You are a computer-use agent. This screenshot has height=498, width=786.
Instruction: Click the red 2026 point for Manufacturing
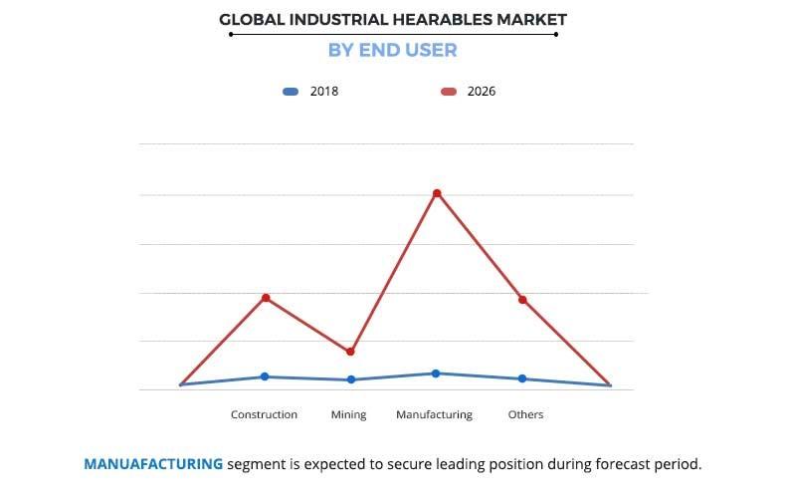coord(437,193)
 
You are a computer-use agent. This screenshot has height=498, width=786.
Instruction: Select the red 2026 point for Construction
coord(266,298)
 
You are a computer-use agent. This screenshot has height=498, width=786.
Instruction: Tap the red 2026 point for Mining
coord(350,352)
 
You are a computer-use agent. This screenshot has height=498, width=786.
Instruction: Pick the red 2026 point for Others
coord(522,300)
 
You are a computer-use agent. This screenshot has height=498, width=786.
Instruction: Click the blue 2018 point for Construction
coord(265,376)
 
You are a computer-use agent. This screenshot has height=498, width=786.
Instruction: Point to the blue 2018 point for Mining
coord(350,379)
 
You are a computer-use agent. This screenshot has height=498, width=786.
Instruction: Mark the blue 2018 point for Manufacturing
coord(436,373)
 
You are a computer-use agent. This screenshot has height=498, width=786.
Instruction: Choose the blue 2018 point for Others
coord(522,378)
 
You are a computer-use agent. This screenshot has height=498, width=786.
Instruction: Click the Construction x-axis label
coord(264,414)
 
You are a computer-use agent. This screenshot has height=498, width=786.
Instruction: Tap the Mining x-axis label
coord(349,414)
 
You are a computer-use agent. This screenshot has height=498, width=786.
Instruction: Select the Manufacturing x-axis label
coord(434,414)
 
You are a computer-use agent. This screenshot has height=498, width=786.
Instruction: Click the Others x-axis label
coord(525,414)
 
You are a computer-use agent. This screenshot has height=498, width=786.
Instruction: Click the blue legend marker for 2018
coord(291,92)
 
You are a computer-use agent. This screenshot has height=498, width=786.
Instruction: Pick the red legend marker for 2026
coord(449,92)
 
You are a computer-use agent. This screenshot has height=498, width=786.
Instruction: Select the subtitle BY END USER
coord(392,50)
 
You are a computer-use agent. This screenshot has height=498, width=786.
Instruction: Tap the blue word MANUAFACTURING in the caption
coord(153,464)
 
